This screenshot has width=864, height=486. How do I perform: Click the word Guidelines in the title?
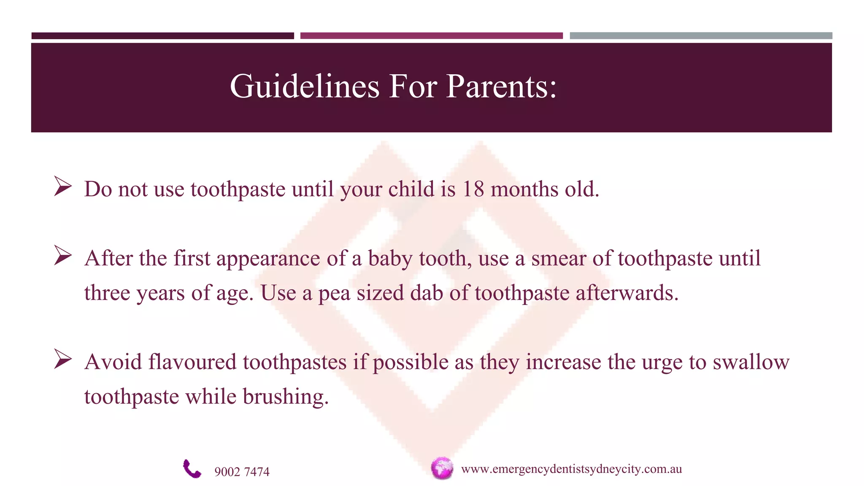click(305, 87)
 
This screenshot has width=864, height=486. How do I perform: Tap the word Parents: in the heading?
click(501, 87)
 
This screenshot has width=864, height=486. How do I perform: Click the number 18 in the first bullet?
click(473, 189)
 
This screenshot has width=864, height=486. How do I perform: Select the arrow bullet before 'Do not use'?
click(62, 186)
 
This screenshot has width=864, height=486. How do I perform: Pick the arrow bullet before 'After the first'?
click(62, 256)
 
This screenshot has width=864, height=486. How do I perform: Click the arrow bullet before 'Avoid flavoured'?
click(62, 359)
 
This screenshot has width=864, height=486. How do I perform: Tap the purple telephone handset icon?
click(192, 469)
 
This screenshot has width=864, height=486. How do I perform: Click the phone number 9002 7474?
click(242, 472)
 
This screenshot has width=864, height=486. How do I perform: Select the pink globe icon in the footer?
click(442, 468)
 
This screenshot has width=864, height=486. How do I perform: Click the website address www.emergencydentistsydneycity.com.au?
click(571, 469)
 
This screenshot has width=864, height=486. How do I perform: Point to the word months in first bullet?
click(524, 189)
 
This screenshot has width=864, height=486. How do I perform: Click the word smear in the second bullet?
click(558, 259)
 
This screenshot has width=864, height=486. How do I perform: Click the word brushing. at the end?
click(286, 397)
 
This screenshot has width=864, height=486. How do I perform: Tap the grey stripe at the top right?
click(701, 36)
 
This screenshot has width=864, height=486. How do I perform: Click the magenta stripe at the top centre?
click(431, 36)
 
